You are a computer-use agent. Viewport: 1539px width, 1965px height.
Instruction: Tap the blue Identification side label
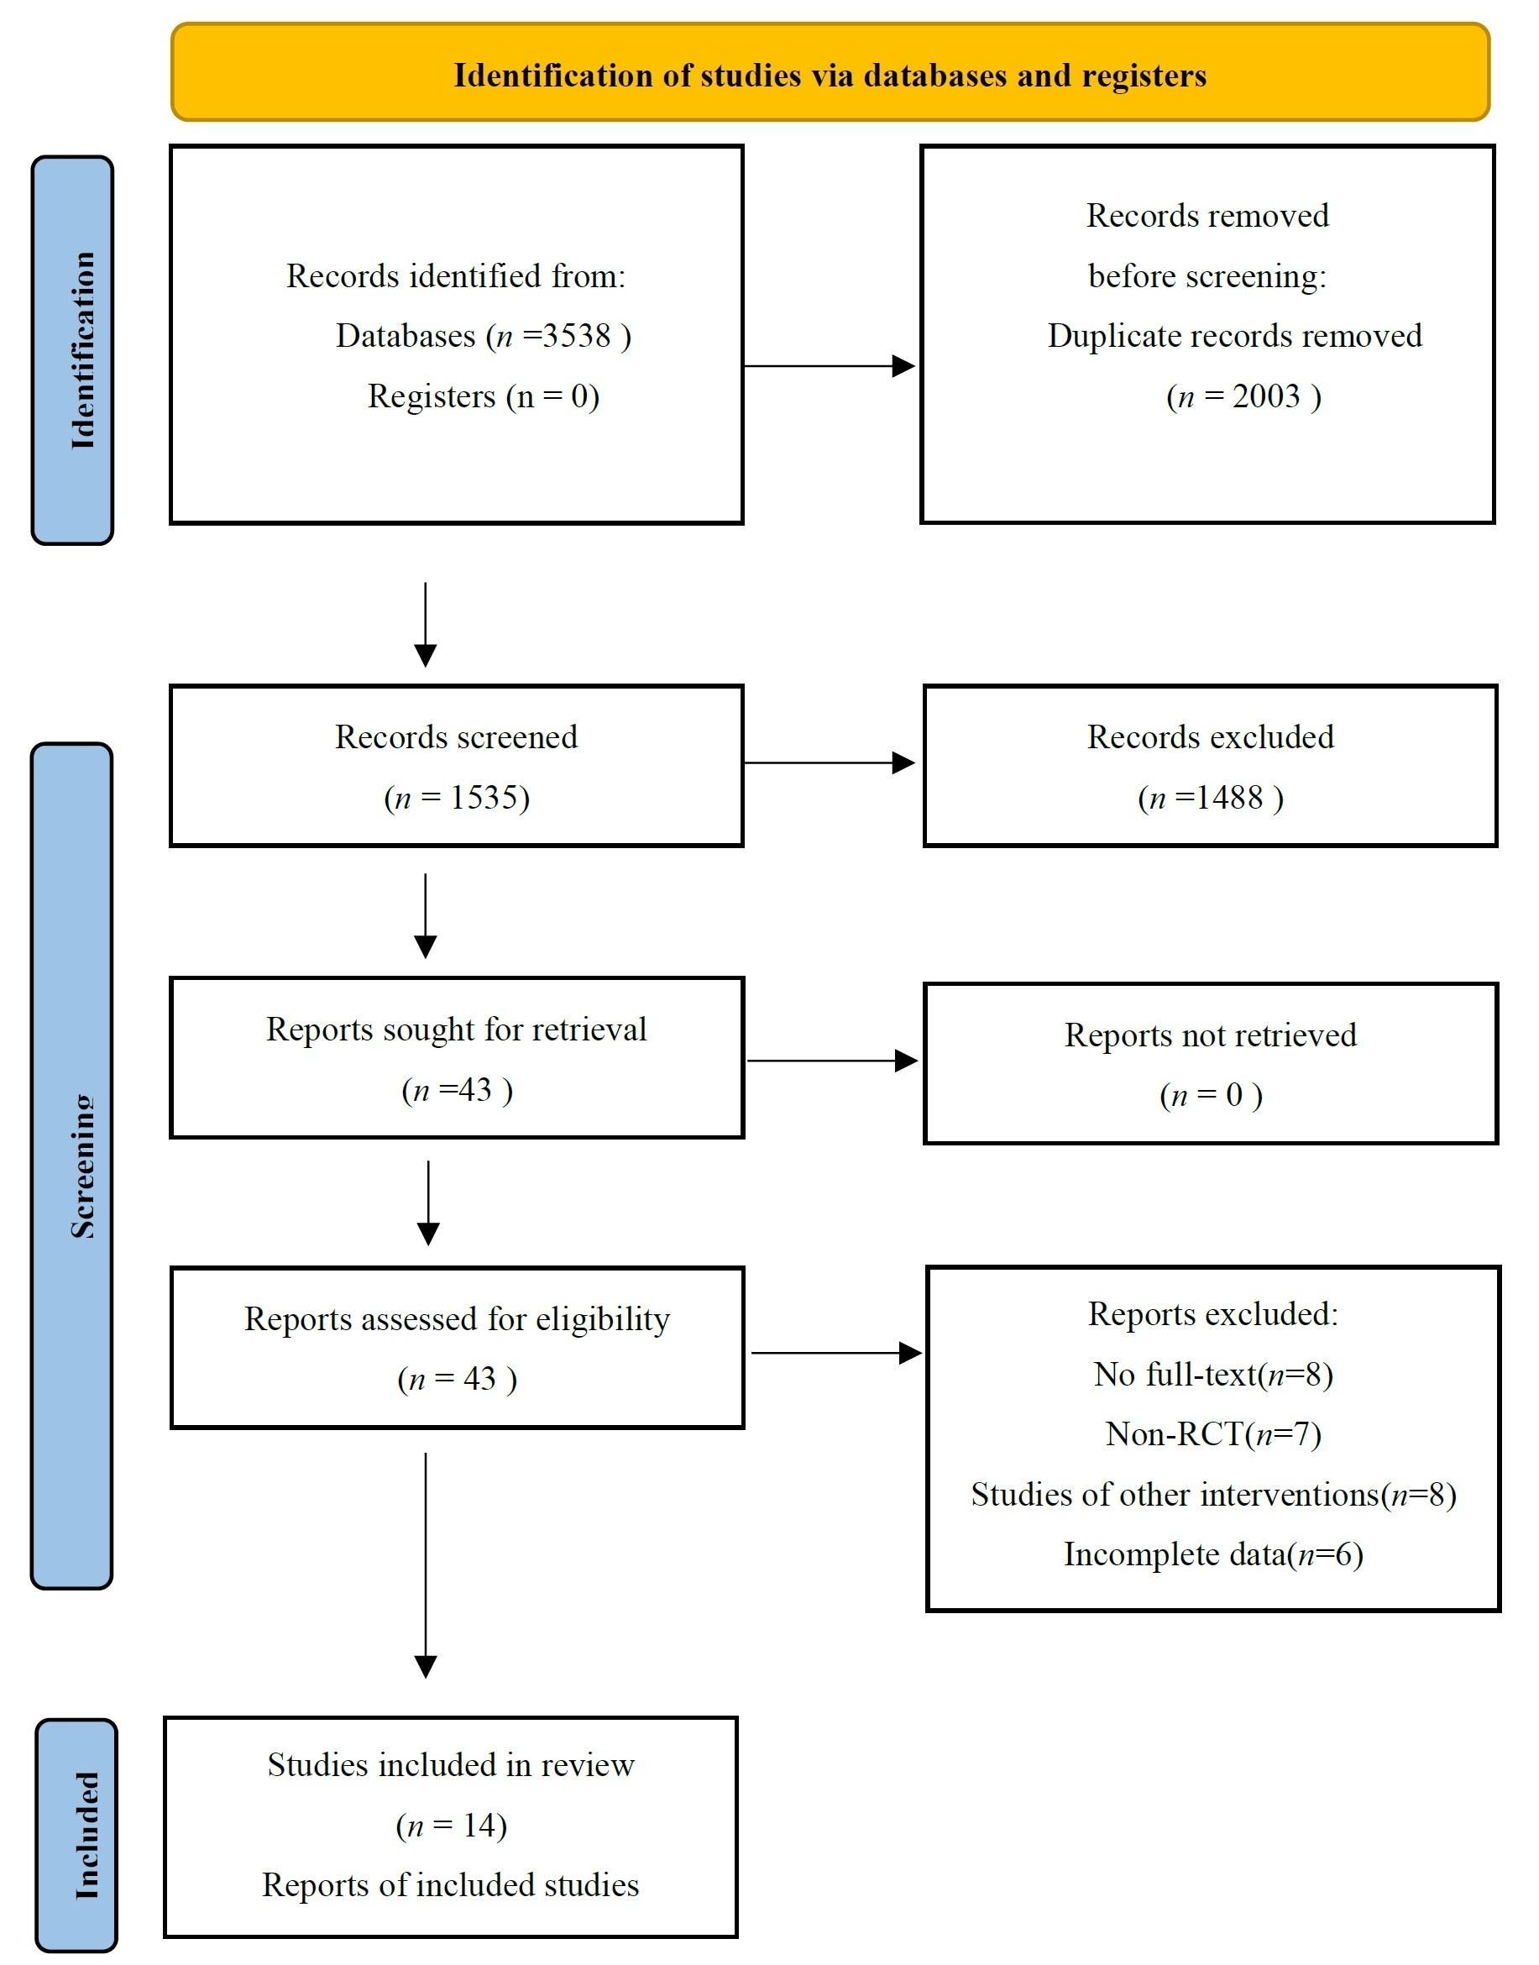point(73,349)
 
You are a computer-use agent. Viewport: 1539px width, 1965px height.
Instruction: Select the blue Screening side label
point(73,1165)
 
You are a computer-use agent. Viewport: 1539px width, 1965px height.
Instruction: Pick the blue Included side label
point(77,1836)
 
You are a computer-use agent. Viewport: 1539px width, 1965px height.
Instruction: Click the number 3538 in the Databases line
point(577,336)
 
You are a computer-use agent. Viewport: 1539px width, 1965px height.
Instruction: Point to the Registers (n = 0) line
point(483,396)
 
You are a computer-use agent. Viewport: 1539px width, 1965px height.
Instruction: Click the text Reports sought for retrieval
point(456,1029)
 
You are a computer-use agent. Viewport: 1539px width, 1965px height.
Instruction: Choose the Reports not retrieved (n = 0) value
point(1211,1095)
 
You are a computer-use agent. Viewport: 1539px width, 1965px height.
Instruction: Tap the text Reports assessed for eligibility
point(457,1319)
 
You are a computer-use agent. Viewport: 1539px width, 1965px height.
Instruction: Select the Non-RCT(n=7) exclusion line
point(1213,1433)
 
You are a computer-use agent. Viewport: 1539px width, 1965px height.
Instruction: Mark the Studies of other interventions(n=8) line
point(1213,1495)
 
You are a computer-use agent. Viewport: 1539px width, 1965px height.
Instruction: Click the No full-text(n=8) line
point(1213,1374)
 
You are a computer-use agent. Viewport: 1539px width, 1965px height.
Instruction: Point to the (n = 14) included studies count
point(452,1826)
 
